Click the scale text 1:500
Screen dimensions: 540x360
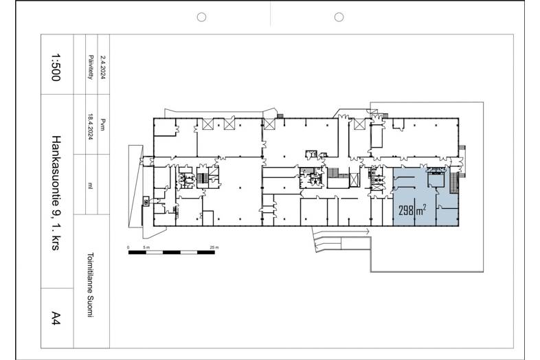pyautogui.click(x=56, y=67)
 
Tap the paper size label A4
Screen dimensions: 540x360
pyautogui.click(x=56, y=317)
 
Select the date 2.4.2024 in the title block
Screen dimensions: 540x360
pyautogui.click(x=102, y=67)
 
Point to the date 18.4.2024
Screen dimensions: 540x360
pyautogui.click(x=91, y=126)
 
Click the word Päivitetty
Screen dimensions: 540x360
pyautogui.click(x=91, y=67)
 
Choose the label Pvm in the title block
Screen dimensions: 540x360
pyautogui.click(x=102, y=125)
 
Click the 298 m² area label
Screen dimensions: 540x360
pyautogui.click(x=413, y=210)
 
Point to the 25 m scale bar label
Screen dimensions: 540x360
pyautogui.click(x=214, y=247)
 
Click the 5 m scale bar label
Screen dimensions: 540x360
pyautogui.click(x=146, y=247)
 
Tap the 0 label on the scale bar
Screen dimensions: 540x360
pyautogui.click(x=128, y=247)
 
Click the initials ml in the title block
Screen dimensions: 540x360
pyautogui.click(x=90, y=186)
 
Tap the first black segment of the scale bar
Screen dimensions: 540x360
pyautogui.click(x=137, y=253)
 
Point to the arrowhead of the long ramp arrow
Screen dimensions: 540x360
pyautogui.click(x=368, y=232)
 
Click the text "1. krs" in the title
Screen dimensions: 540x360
pyautogui.click(x=56, y=236)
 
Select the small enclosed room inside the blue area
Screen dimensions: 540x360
pyautogui.click(x=436, y=179)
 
